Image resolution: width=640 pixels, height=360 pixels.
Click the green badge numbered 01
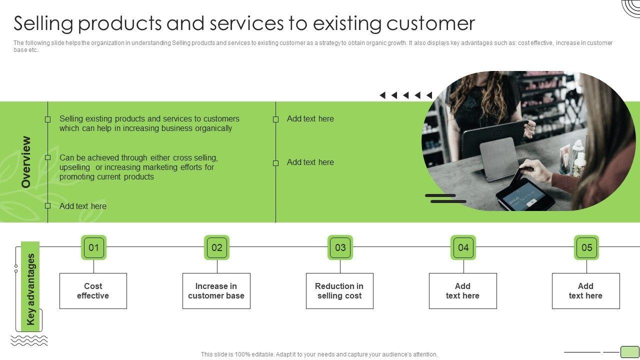tap(93, 247)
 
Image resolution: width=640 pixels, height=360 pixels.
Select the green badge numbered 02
tap(217, 247)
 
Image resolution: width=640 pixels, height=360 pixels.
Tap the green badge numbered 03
tap(340, 247)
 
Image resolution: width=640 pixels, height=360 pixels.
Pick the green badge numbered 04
tap(463, 247)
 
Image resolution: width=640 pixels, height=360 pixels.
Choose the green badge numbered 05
tap(586, 247)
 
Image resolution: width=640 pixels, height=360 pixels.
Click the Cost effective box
tap(93, 291)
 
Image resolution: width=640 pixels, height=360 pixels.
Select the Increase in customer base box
tap(216, 291)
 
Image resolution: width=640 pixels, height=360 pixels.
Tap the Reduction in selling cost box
tap(339, 291)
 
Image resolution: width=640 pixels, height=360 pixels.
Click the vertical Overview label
tap(25, 162)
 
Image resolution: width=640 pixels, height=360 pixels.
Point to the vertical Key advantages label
tap(30, 289)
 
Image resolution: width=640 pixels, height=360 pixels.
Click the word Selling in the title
tap(43, 23)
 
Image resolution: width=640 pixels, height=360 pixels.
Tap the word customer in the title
tap(431, 23)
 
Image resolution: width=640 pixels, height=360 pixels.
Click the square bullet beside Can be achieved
tap(47, 157)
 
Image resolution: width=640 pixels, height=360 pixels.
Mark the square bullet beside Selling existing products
tap(47, 119)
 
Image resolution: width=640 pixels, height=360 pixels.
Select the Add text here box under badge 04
tap(463, 291)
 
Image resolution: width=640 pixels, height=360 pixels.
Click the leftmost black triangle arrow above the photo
tap(382, 95)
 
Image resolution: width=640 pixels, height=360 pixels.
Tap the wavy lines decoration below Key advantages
tap(29, 340)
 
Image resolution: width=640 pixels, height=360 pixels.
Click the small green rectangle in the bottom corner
tap(629, 351)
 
